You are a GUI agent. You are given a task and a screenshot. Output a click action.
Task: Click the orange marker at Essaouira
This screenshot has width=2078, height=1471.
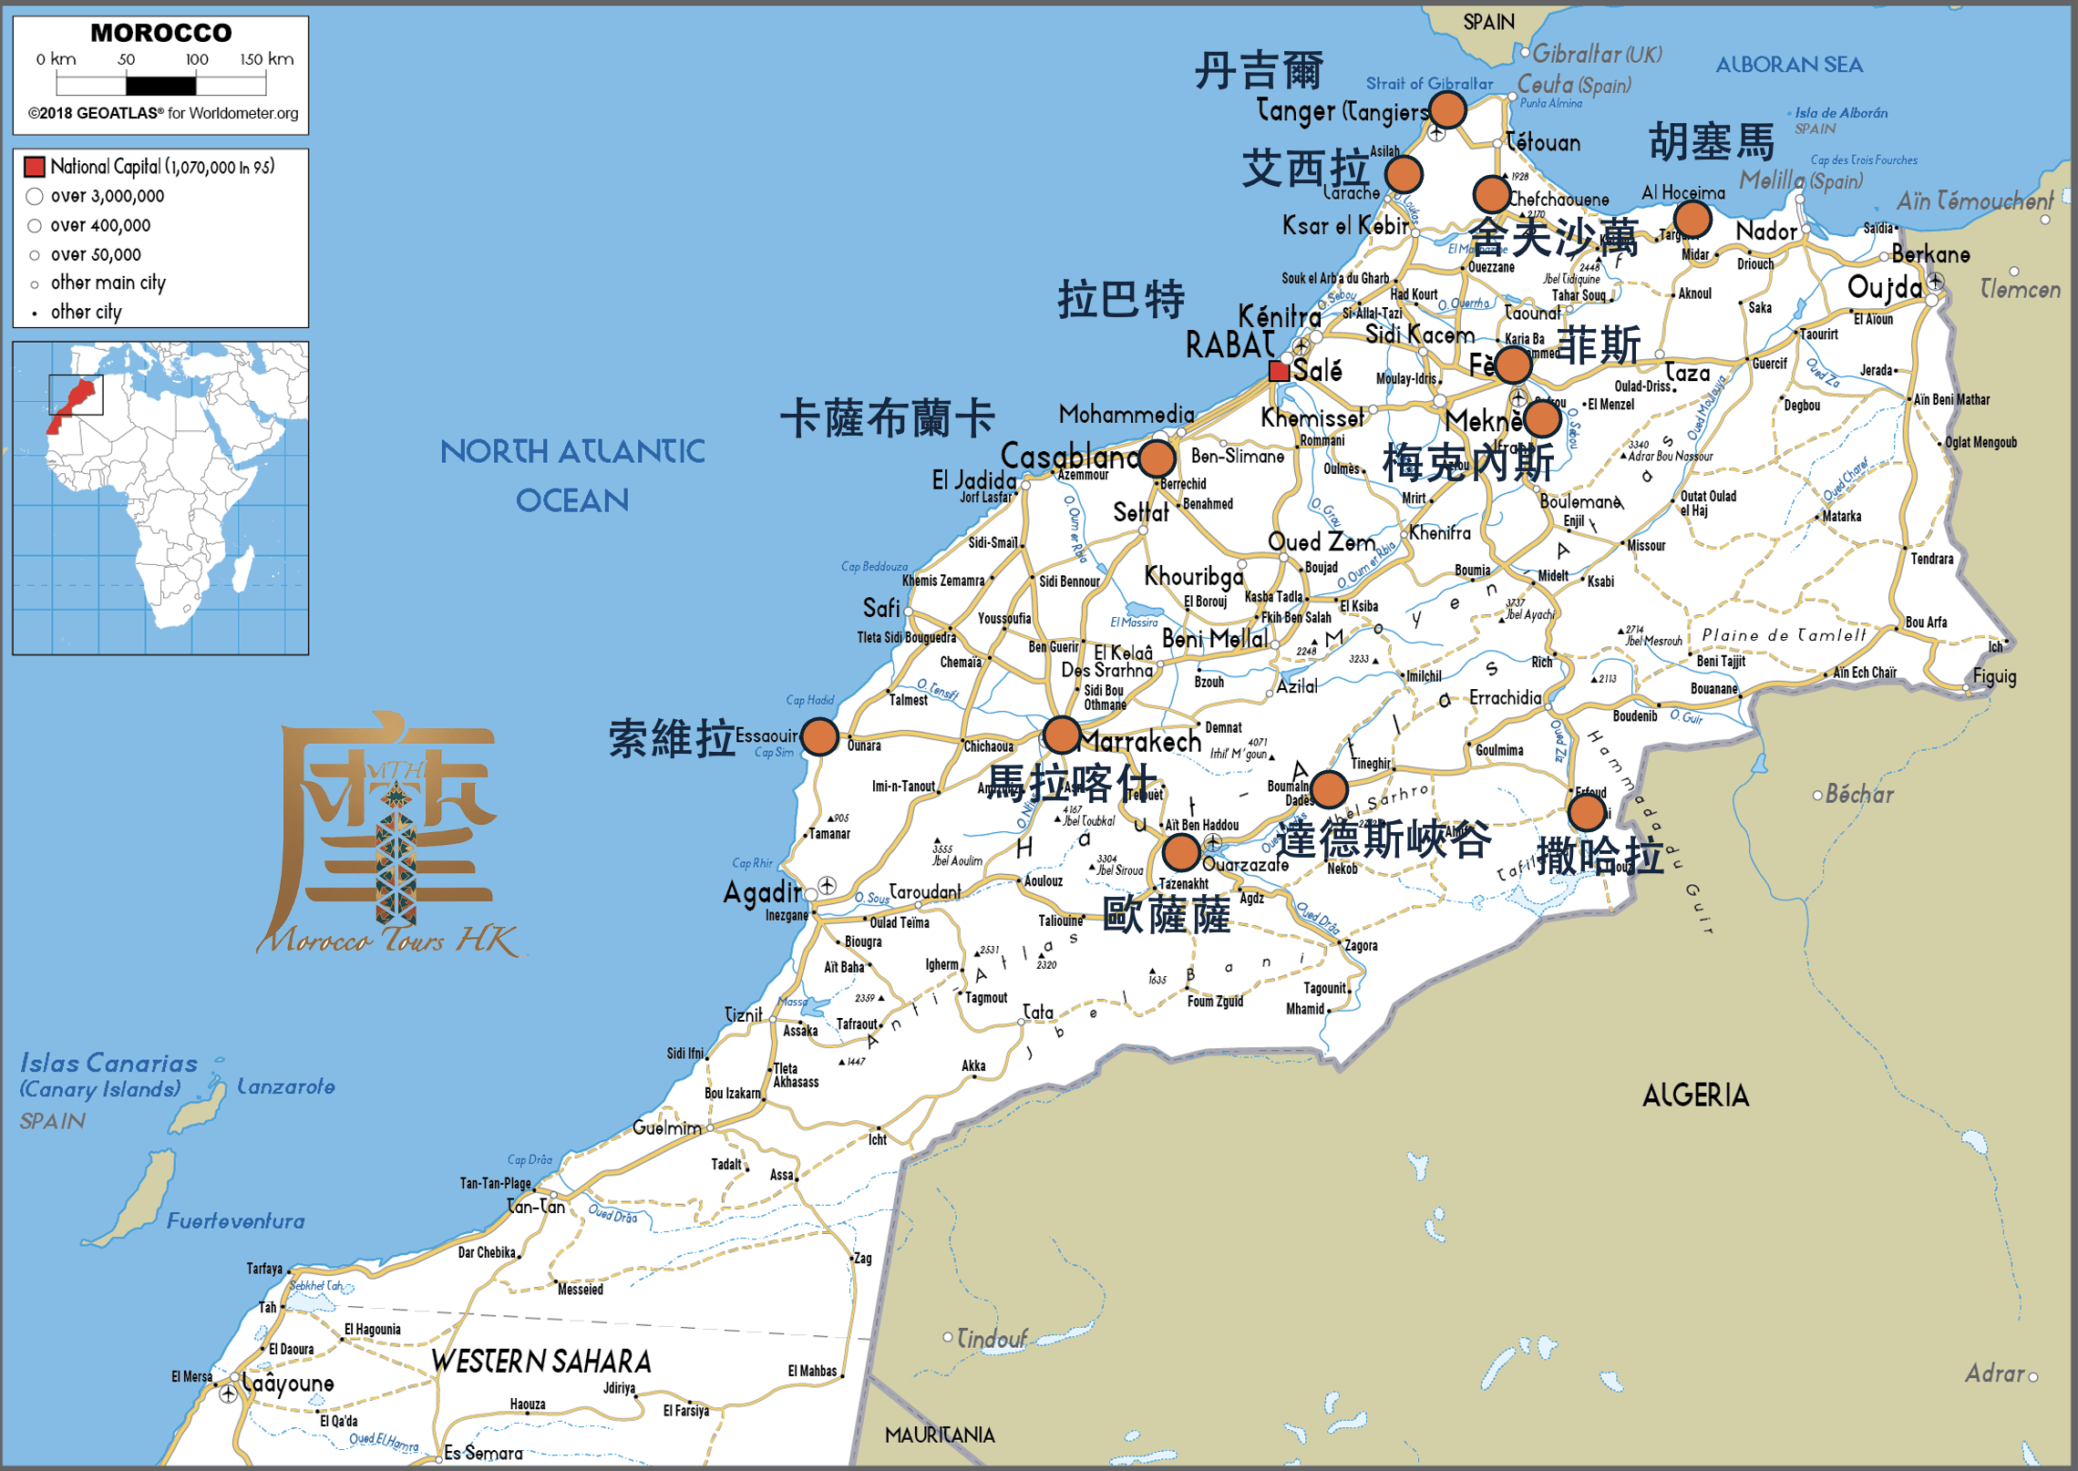[819, 736]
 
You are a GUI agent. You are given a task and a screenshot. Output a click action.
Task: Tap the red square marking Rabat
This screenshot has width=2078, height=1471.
[1279, 371]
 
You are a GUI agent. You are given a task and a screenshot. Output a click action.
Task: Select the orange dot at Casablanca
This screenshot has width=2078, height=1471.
[1157, 458]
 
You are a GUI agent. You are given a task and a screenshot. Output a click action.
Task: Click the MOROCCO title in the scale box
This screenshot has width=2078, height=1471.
[161, 33]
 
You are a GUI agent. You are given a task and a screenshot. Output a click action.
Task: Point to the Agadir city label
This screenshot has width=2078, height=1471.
[761, 892]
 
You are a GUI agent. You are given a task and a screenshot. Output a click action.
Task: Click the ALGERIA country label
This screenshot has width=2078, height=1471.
[1695, 1095]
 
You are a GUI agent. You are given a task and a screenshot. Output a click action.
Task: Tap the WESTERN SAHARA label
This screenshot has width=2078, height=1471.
[541, 1362]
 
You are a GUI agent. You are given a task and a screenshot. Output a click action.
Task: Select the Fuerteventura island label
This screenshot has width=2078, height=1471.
[235, 1221]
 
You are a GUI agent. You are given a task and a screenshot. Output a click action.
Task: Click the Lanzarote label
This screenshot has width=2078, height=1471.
[285, 1086]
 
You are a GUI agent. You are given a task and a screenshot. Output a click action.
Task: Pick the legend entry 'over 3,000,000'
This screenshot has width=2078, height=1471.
[108, 196]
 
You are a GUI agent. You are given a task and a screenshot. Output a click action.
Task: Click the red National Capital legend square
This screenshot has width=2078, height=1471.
[35, 167]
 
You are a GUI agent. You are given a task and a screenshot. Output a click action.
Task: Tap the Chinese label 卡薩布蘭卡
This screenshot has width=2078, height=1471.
[887, 419]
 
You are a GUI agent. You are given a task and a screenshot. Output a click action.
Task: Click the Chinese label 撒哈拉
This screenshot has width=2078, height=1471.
[1600, 856]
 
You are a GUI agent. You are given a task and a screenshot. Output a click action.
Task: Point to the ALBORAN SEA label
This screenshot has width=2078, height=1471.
[1788, 65]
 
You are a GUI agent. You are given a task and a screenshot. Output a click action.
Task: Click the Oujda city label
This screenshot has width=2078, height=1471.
[1884, 288]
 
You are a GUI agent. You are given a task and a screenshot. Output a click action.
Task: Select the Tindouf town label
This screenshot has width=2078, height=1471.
[992, 1339]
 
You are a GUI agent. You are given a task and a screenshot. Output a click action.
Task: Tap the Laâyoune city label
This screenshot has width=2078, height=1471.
[287, 1384]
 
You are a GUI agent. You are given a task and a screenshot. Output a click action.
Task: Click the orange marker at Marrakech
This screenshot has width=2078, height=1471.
[1062, 735]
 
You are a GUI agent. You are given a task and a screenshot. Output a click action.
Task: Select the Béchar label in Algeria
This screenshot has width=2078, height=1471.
[1859, 795]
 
